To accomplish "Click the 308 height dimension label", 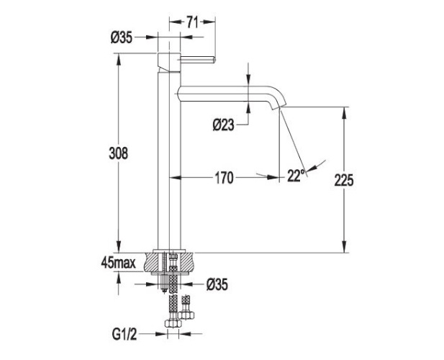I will [119, 153].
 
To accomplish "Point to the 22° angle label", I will [295, 175].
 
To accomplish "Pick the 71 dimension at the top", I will [191, 22].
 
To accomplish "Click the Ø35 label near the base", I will [217, 284].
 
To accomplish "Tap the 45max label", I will [118, 264].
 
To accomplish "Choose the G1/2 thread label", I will [124, 333].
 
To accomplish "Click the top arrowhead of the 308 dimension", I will [119, 57].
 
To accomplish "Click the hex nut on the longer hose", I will [173, 325].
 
